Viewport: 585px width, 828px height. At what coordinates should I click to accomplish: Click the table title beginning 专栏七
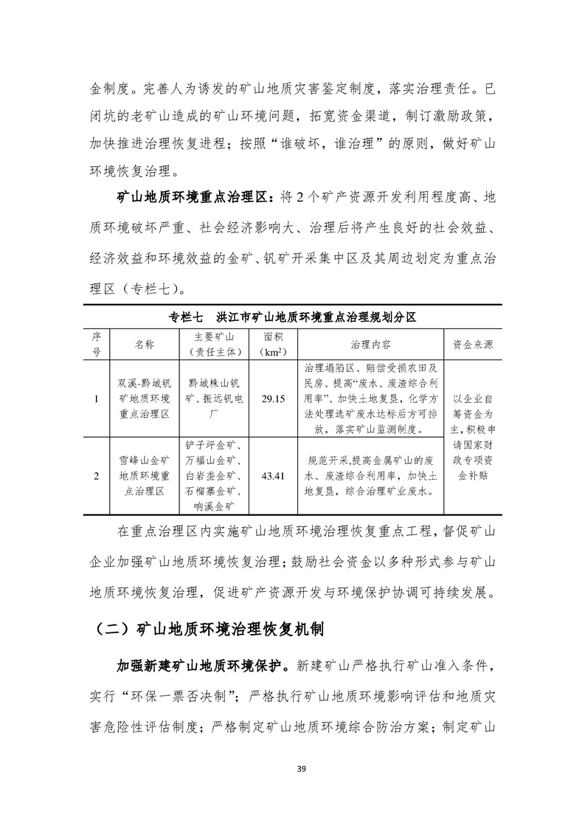tap(293, 317)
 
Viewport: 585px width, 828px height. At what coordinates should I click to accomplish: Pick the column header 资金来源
tap(473, 345)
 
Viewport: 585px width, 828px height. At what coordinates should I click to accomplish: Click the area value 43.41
tap(273, 476)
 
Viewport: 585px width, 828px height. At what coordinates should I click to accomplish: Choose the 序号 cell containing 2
tap(97, 476)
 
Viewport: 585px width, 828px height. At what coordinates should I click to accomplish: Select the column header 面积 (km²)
tap(273, 345)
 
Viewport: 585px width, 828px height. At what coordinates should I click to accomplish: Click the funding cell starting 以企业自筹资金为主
tap(473, 437)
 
